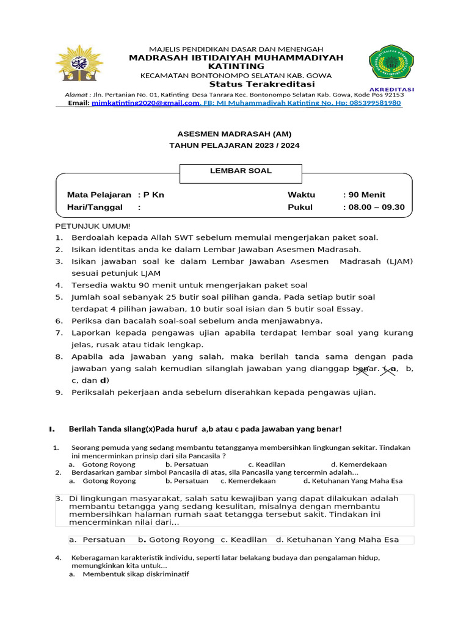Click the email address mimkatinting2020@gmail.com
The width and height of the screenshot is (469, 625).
tap(145, 103)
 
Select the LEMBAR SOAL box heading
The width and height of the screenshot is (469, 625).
tap(241, 171)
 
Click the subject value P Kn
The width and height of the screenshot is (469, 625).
tap(153, 195)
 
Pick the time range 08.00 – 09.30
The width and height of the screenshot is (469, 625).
tap(376, 207)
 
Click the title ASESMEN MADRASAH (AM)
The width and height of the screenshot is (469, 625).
tap(234, 134)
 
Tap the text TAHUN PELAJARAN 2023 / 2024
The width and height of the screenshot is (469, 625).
tap(234, 145)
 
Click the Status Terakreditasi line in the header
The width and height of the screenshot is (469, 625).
tap(262, 84)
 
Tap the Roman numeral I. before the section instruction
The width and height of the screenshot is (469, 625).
tap(53, 429)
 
